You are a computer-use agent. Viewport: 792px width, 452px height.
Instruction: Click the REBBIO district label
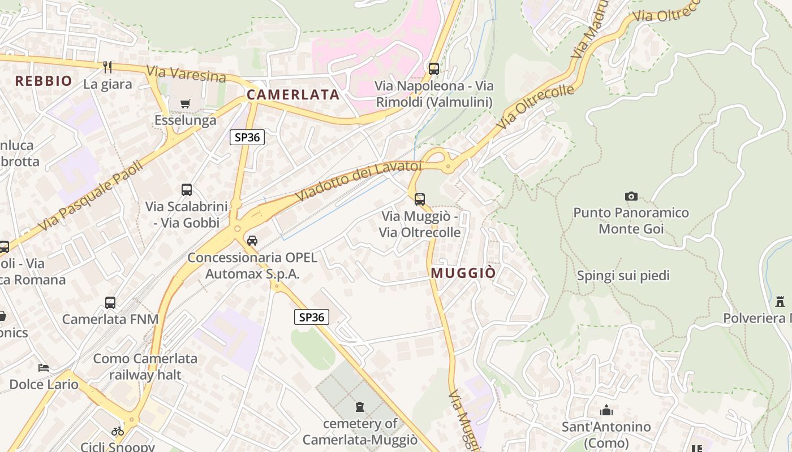pos(44,81)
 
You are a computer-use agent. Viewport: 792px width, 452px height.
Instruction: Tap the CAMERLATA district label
pos(293,94)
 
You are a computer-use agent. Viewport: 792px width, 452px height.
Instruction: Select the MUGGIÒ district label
pos(463,273)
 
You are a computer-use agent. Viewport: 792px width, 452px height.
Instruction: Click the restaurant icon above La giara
pos(107,67)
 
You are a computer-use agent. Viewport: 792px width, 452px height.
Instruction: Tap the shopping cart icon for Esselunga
pos(185,103)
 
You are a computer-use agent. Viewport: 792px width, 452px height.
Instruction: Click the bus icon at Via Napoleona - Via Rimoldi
pos(434,69)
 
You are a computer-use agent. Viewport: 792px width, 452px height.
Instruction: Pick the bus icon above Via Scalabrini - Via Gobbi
pos(187,190)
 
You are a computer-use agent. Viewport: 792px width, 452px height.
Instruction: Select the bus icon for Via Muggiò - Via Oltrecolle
pos(419,199)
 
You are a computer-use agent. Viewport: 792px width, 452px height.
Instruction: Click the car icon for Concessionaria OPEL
pos(252,240)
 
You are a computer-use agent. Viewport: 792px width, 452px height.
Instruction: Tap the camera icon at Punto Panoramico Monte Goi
pos(631,196)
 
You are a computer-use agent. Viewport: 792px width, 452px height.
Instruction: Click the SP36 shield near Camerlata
pos(247,137)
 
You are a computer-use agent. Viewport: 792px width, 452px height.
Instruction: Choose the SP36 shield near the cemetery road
pos(312,317)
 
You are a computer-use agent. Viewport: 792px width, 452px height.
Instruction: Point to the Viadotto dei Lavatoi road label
pos(359,180)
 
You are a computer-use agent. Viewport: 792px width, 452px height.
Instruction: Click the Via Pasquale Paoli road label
pos(91,195)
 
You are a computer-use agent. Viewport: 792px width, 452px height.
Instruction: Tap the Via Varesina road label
pos(186,73)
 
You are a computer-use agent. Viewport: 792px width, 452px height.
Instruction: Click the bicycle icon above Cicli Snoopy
pos(118,431)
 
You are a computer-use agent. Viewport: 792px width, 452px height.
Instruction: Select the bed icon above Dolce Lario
pos(44,368)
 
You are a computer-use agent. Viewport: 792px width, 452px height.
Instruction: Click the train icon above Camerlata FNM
pos(110,302)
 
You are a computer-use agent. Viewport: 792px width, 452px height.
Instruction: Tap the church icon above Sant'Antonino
pos(606,410)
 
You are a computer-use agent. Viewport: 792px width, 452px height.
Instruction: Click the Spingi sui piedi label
pos(623,276)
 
